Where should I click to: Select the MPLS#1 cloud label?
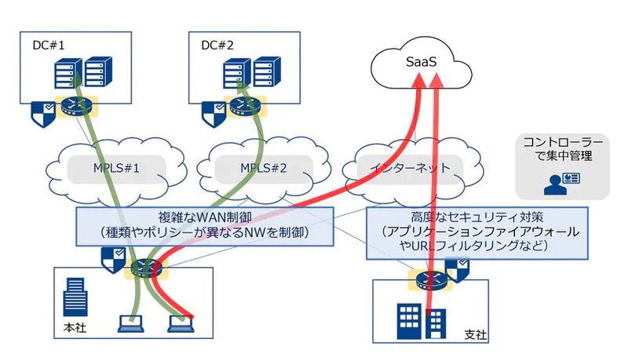[x=116, y=169]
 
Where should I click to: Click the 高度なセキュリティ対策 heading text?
[x=476, y=217]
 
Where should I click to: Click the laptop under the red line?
[x=181, y=322]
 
